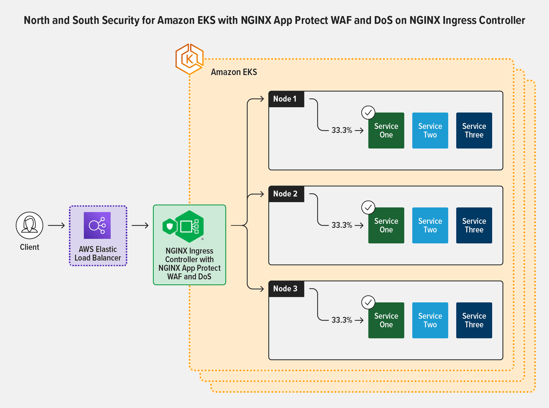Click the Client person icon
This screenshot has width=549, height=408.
click(x=30, y=225)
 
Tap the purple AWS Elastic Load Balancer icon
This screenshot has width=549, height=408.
click(x=97, y=225)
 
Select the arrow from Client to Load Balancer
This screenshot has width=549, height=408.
click(x=57, y=225)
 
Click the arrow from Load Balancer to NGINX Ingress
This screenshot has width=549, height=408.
click(x=140, y=225)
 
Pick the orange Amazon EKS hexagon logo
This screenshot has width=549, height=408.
click(x=189, y=59)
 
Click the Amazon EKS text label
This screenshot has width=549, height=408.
click(x=234, y=72)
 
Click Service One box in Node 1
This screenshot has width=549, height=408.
click(x=386, y=130)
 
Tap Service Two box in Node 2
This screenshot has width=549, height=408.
click(x=430, y=225)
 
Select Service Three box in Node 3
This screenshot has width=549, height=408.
click(x=474, y=320)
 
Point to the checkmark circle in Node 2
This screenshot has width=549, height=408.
click(x=368, y=207)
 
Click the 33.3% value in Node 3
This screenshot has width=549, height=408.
click(x=342, y=320)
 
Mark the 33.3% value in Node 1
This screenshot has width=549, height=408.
click(x=342, y=130)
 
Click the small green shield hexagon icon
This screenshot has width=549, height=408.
click(x=170, y=226)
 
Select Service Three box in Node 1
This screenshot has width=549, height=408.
click(x=474, y=130)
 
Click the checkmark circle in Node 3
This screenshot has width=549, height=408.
click(x=368, y=302)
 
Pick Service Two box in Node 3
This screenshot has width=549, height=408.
click(x=430, y=320)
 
